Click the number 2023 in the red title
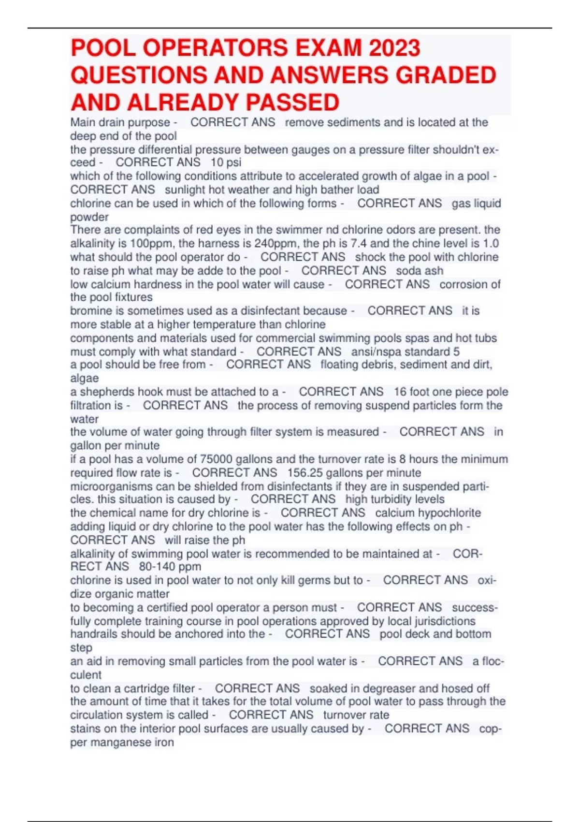click(x=394, y=48)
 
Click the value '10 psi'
click(x=226, y=162)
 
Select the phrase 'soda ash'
click(x=420, y=270)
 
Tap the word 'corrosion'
click(x=465, y=284)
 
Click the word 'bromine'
click(x=88, y=311)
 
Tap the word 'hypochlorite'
click(x=448, y=513)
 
